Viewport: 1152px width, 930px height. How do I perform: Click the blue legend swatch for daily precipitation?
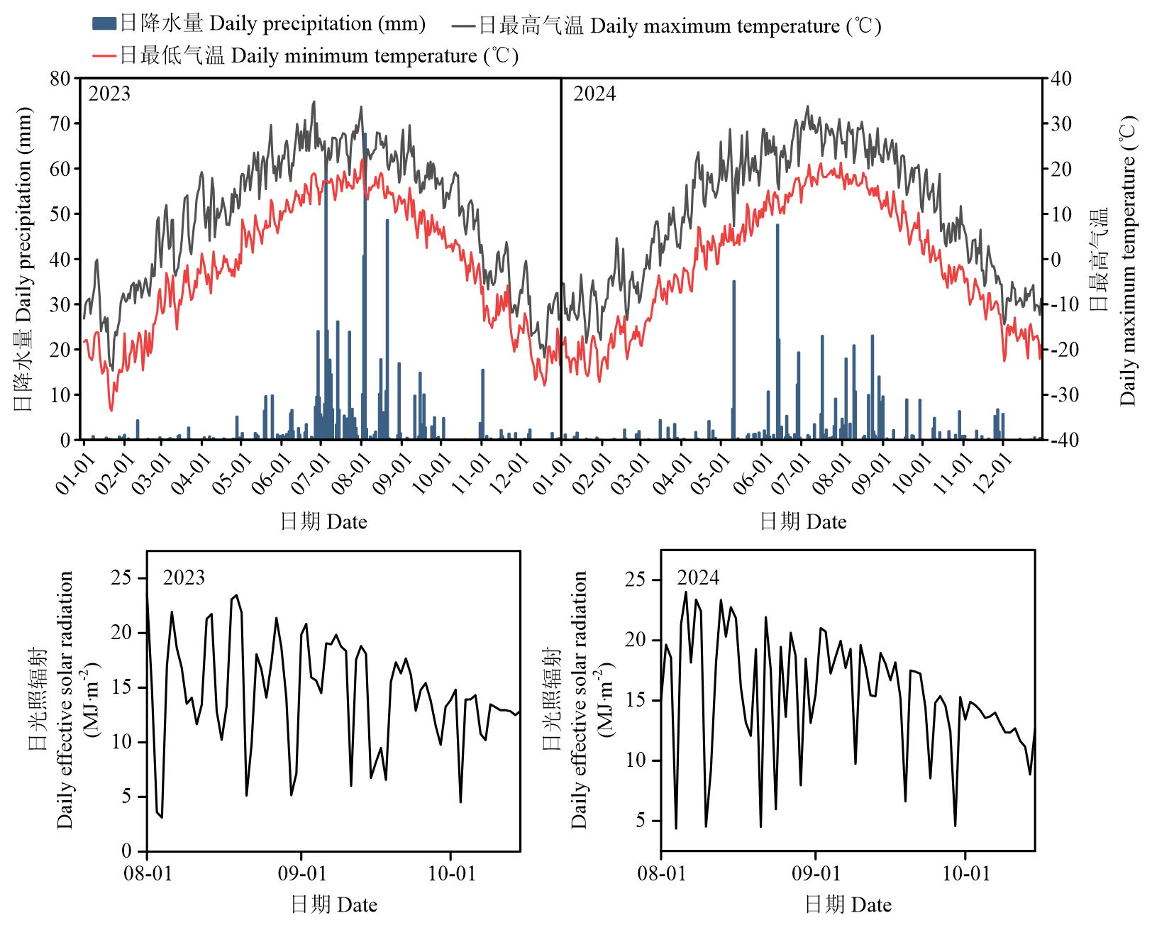pyautogui.click(x=104, y=23)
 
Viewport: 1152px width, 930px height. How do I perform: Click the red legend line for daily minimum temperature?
pyautogui.click(x=104, y=56)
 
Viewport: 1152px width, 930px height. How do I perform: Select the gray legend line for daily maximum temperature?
pyautogui.click(x=463, y=26)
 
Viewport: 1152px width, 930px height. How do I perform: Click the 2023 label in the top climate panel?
pyautogui.click(x=109, y=94)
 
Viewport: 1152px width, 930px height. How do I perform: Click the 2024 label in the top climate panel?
pyautogui.click(x=594, y=94)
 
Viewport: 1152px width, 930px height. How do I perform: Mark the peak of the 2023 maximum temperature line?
pyautogui.click(x=314, y=102)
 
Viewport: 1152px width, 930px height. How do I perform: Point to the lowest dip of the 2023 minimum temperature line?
pyautogui.click(x=111, y=410)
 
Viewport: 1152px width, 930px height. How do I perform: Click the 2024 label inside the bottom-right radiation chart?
pyautogui.click(x=698, y=577)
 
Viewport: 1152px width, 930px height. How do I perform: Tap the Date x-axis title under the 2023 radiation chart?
pyautogui.click(x=334, y=904)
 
